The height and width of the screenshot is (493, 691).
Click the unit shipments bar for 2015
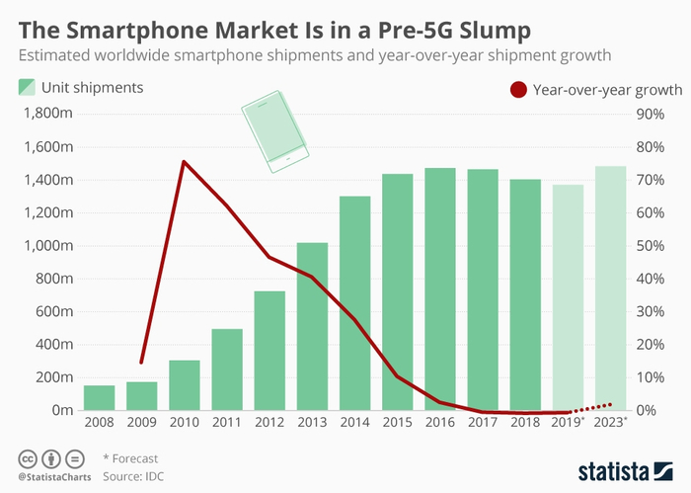click(398, 291)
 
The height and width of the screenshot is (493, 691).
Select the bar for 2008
click(99, 397)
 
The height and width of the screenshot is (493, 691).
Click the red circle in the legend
click(517, 90)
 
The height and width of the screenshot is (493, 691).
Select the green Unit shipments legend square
click(27, 88)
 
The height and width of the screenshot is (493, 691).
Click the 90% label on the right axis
click(652, 114)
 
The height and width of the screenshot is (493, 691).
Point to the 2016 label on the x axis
click(440, 422)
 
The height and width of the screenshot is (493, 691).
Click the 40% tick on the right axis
click(652, 279)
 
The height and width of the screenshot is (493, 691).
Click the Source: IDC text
click(135, 475)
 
